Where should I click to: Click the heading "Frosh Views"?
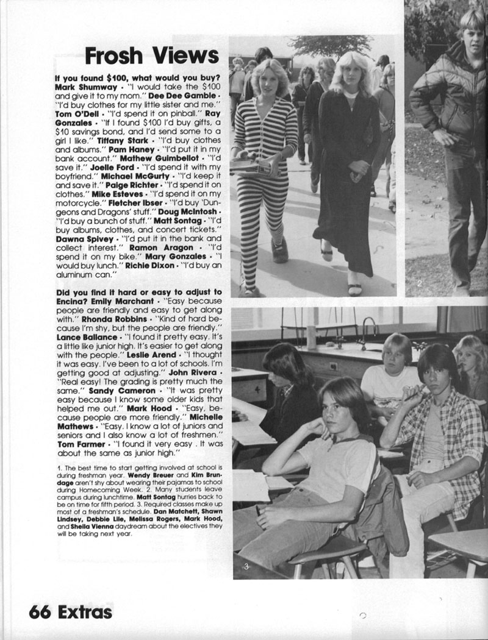tap(152, 56)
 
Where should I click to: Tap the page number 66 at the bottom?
tap(39, 611)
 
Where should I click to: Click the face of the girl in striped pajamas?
tap(268, 77)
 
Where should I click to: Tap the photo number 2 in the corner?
tap(419, 283)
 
